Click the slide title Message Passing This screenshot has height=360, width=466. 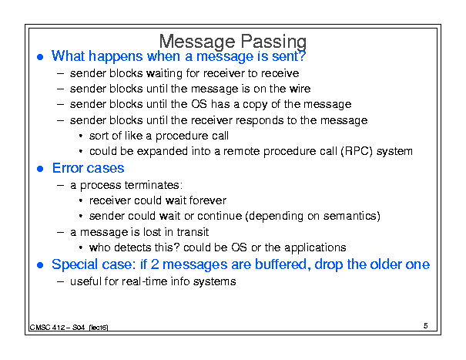233,42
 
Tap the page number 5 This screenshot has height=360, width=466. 426,326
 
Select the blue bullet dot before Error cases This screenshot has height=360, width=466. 40,169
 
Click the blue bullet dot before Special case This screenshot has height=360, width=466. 40,265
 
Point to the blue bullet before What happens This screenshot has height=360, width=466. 40,57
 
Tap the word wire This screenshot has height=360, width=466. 300,89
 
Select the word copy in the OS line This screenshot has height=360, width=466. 255,105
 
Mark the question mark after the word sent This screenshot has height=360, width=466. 302,56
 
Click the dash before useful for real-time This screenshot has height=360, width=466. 60,281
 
